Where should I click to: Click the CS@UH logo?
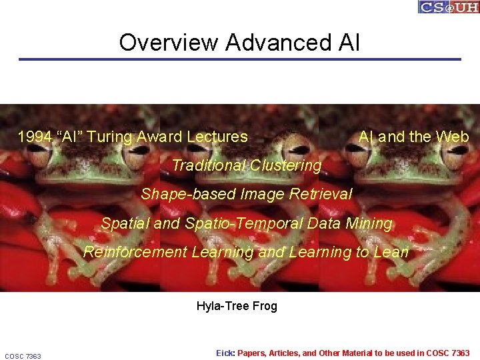(x=449, y=7)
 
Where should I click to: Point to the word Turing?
(x=110, y=137)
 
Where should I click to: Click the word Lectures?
(x=217, y=137)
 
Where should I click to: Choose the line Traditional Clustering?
(x=246, y=165)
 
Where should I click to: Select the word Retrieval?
(x=323, y=195)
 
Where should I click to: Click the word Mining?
(x=369, y=224)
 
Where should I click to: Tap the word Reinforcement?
(x=135, y=253)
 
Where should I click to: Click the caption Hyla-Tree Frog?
(x=237, y=307)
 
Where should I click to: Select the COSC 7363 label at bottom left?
(x=23, y=356)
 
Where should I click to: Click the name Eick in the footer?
(x=225, y=353)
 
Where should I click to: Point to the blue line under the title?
(x=240, y=59)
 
